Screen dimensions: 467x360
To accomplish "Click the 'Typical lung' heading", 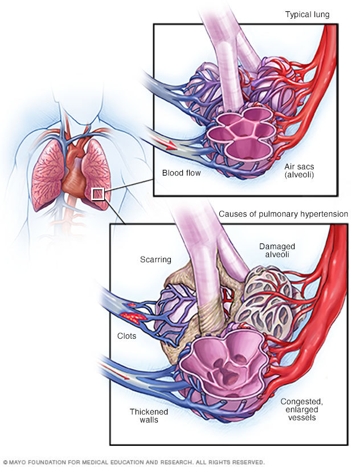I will (x=307, y=14).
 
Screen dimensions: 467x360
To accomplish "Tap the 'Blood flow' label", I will (x=181, y=173).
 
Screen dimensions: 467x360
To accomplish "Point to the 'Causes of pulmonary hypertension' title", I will (x=283, y=214).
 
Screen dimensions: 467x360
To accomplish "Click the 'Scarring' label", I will (x=156, y=259).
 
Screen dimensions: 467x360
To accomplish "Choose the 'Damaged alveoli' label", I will (x=277, y=250).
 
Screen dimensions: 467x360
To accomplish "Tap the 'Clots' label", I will (x=126, y=336).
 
